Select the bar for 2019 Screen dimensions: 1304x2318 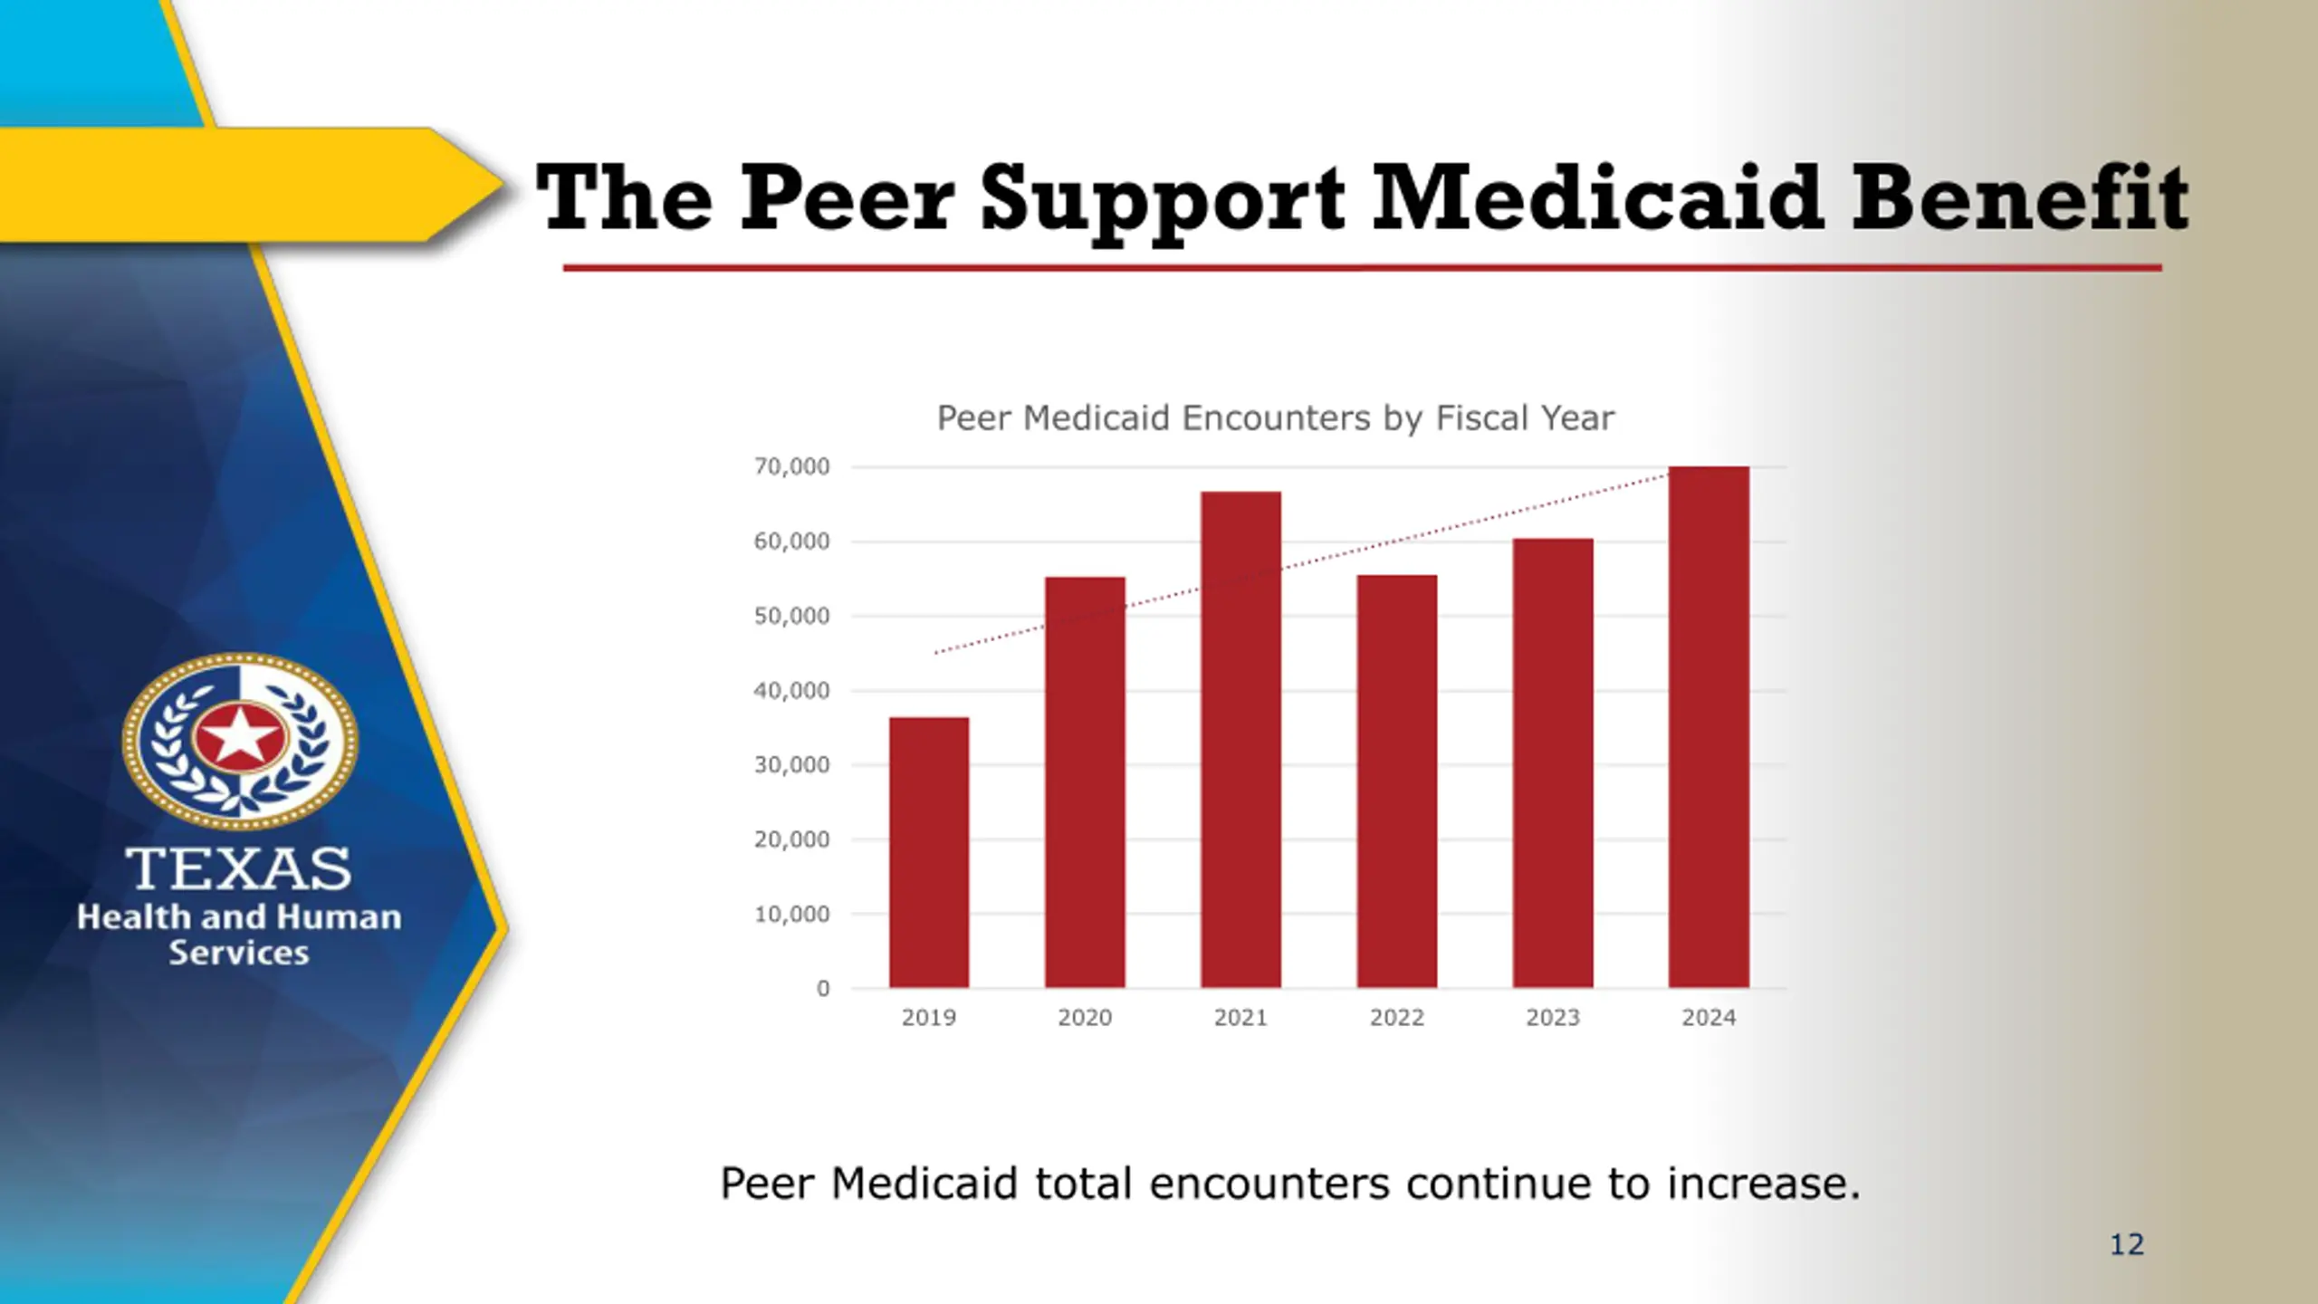point(928,852)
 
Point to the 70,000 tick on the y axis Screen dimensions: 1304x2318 point(791,467)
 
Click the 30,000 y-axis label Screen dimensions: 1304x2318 point(791,765)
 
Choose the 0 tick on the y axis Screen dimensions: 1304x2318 point(822,989)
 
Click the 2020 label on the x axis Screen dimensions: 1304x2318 point(1084,1018)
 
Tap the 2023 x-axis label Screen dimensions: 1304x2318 point(1552,1018)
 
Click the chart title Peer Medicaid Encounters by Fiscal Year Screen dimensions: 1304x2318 point(1275,418)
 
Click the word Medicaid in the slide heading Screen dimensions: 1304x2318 point(1597,198)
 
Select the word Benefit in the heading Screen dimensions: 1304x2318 point(2019,198)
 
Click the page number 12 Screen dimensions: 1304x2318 point(2127,1245)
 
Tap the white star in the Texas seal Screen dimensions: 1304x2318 point(240,736)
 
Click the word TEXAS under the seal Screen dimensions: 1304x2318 point(238,869)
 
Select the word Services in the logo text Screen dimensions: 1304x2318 point(239,953)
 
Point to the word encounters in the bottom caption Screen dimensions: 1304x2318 point(1268,1184)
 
